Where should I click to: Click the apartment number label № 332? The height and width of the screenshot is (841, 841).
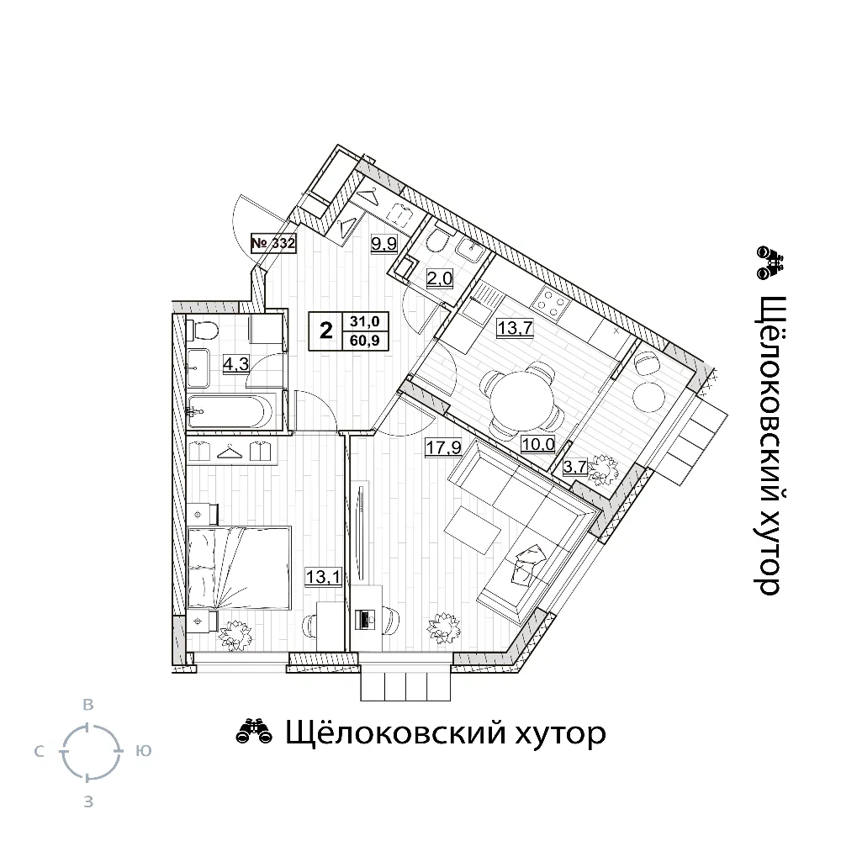pyautogui.click(x=273, y=243)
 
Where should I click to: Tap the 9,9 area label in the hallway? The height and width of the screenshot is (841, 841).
pyautogui.click(x=384, y=244)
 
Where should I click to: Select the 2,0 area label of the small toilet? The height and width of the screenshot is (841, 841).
pyautogui.click(x=440, y=278)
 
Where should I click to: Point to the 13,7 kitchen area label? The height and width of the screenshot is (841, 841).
pyautogui.click(x=515, y=327)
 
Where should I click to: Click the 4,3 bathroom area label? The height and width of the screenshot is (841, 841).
pyautogui.click(x=236, y=365)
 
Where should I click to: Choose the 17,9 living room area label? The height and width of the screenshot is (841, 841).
pyautogui.click(x=443, y=447)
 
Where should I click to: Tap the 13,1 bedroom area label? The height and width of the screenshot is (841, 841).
pyautogui.click(x=324, y=577)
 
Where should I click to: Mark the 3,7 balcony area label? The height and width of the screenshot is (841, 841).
pyautogui.click(x=575, y=467)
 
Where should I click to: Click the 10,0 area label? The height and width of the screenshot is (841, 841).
pyautogui.click(x=538, y=444)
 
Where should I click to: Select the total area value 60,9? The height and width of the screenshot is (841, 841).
pyautogui.click(x=365, y=340)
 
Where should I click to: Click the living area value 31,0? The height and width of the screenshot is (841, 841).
pyautogui.click(x=365, y=321)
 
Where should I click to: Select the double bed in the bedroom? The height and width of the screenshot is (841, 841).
pyautogui.click(x=239, y=568)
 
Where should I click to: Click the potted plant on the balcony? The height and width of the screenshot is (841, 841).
pyautogui.click(x=605, y=468)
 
